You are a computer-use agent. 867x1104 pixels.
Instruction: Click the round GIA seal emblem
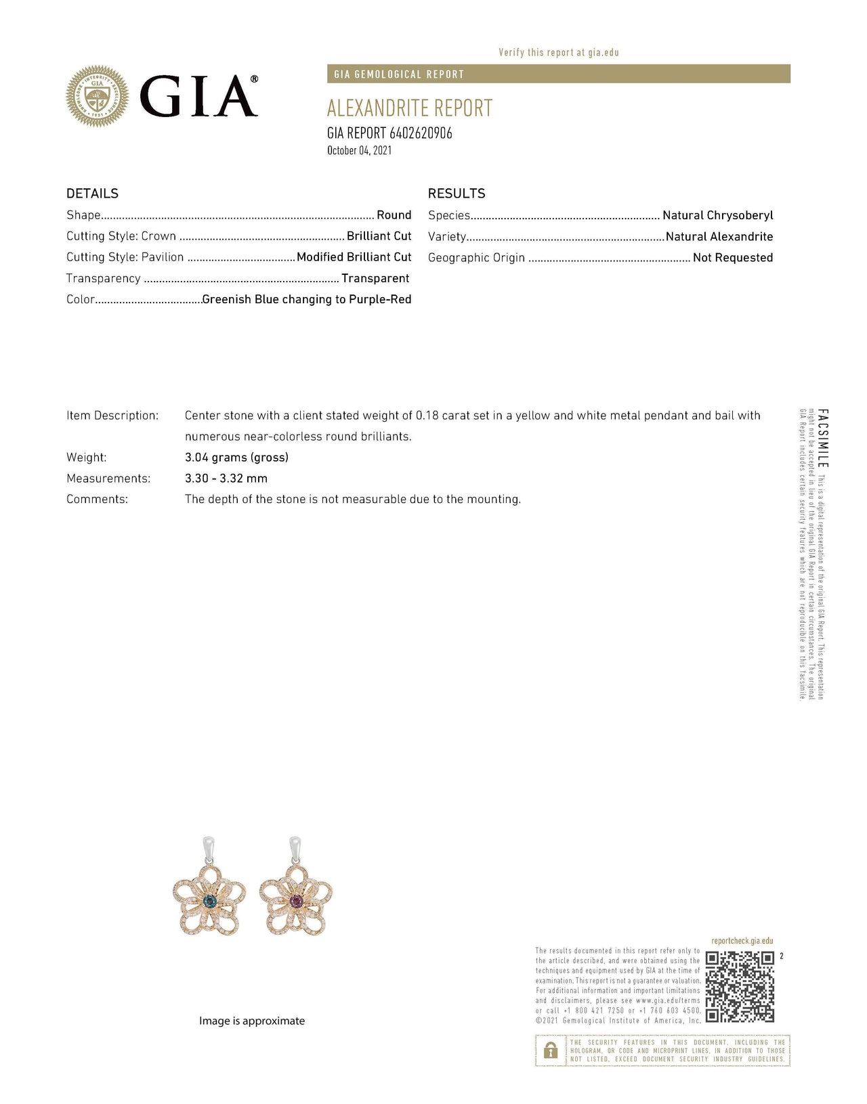[x=97, y=97]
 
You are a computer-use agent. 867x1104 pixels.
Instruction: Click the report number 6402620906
[x=421, y=133]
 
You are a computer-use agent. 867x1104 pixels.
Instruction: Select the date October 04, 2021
[x=359, y=150]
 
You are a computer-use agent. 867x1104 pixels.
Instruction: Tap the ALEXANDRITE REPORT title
[x=410, y=108]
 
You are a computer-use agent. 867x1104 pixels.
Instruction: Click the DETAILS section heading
[x=92, y=194]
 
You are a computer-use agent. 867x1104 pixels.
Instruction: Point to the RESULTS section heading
[x=457, y=194]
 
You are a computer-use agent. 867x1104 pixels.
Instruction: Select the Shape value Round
[x=394, y=215]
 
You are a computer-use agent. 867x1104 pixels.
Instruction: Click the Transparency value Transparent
[x=375, y=278]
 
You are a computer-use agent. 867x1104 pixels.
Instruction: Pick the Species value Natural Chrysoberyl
[x=717, y=215]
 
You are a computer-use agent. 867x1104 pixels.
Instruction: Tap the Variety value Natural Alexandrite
[x=719, y=236]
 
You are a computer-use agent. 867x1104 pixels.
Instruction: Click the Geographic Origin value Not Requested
[x=733, y=257]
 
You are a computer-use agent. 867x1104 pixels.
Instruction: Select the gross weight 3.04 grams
[x=236, y=457]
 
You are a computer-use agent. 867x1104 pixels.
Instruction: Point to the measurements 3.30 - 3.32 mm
[x=226, y=478]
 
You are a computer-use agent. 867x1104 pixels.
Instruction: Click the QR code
[x=740, y=987]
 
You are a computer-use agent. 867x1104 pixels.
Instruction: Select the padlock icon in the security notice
[x=551, y=1050]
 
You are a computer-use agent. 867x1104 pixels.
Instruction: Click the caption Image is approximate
[x=252, y=1021]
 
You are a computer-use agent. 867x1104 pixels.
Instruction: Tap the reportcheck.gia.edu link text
[x=742, y=941]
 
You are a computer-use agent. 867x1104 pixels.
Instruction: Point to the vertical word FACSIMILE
[x=822, y=438]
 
